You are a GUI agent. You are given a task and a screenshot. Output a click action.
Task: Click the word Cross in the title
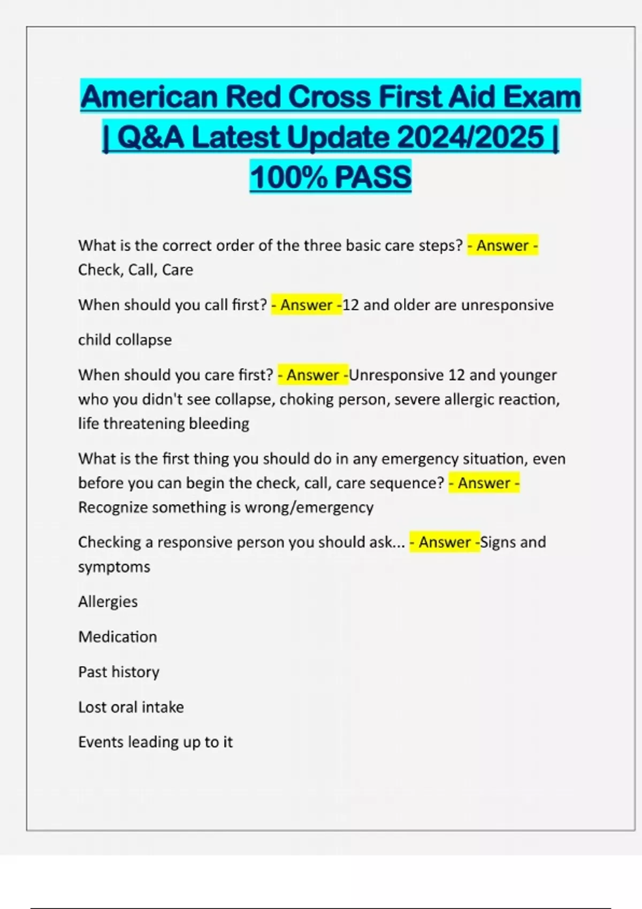click(330, 97)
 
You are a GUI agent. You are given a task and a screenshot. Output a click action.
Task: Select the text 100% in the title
click(288, 178)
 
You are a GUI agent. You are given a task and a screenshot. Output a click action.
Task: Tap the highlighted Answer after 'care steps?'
click(502, 245)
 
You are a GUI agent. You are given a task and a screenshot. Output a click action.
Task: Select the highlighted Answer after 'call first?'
click(307, 305)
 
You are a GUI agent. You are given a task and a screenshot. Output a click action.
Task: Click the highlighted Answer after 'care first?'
click(313, 375)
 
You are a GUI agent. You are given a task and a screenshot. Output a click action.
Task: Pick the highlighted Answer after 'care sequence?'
click(484, 483)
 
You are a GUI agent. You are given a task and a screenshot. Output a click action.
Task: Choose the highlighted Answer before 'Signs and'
click(445, 542)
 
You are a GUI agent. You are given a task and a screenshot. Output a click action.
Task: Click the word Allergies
click(108, 602)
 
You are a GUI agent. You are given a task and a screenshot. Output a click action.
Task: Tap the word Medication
click(118, 637)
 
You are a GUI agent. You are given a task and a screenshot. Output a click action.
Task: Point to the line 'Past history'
click(119, 672)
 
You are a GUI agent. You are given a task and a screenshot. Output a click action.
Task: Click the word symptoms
click(114, 567)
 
